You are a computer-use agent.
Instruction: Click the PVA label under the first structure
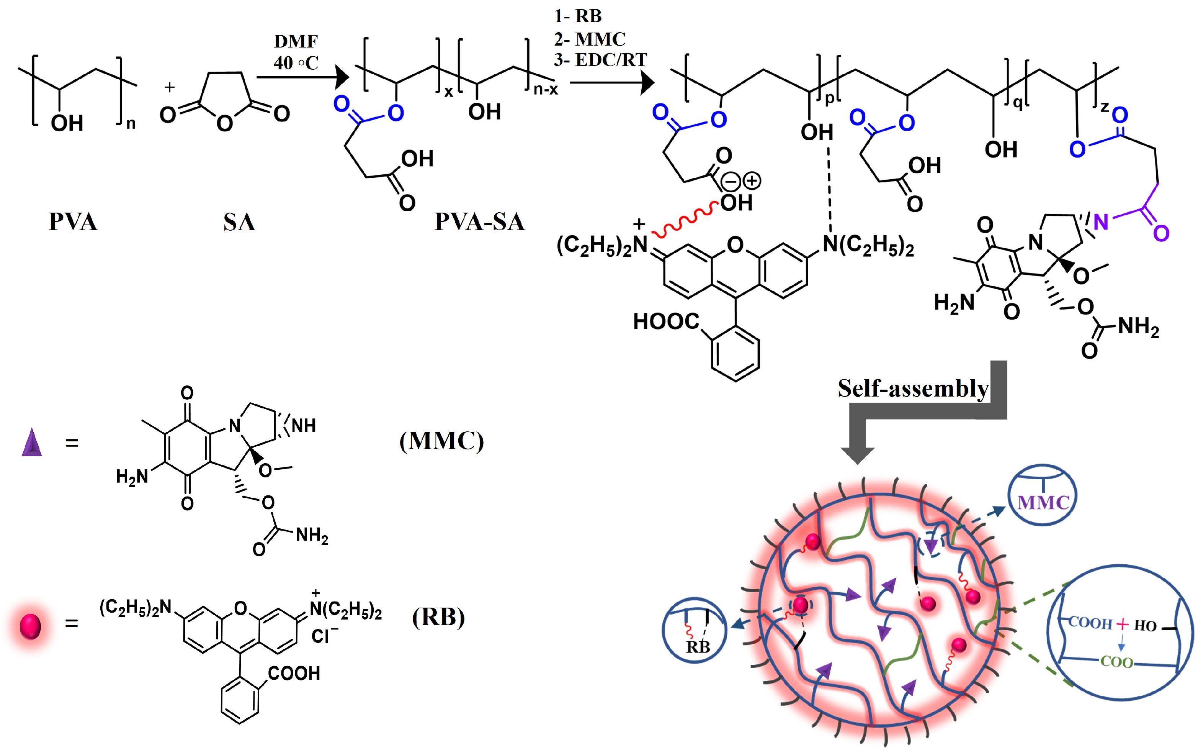73,222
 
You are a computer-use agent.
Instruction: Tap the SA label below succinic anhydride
239,222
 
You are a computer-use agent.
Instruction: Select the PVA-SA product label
479,222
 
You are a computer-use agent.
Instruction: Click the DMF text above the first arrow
296,41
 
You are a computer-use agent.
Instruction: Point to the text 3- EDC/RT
600,60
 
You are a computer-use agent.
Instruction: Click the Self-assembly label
912,389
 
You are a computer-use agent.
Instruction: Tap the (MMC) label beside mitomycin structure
441,441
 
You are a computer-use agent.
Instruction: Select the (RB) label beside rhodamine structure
438,618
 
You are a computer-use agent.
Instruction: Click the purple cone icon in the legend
31,443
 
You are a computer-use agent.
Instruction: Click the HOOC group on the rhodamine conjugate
666,322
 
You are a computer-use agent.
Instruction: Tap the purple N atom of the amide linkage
1101,222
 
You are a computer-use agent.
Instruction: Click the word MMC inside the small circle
1043,502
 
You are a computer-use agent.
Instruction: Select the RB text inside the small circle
698,647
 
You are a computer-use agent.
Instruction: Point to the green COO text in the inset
1116,662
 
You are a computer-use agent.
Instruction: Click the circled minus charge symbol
731,181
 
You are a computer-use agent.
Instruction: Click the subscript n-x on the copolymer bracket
545,90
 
